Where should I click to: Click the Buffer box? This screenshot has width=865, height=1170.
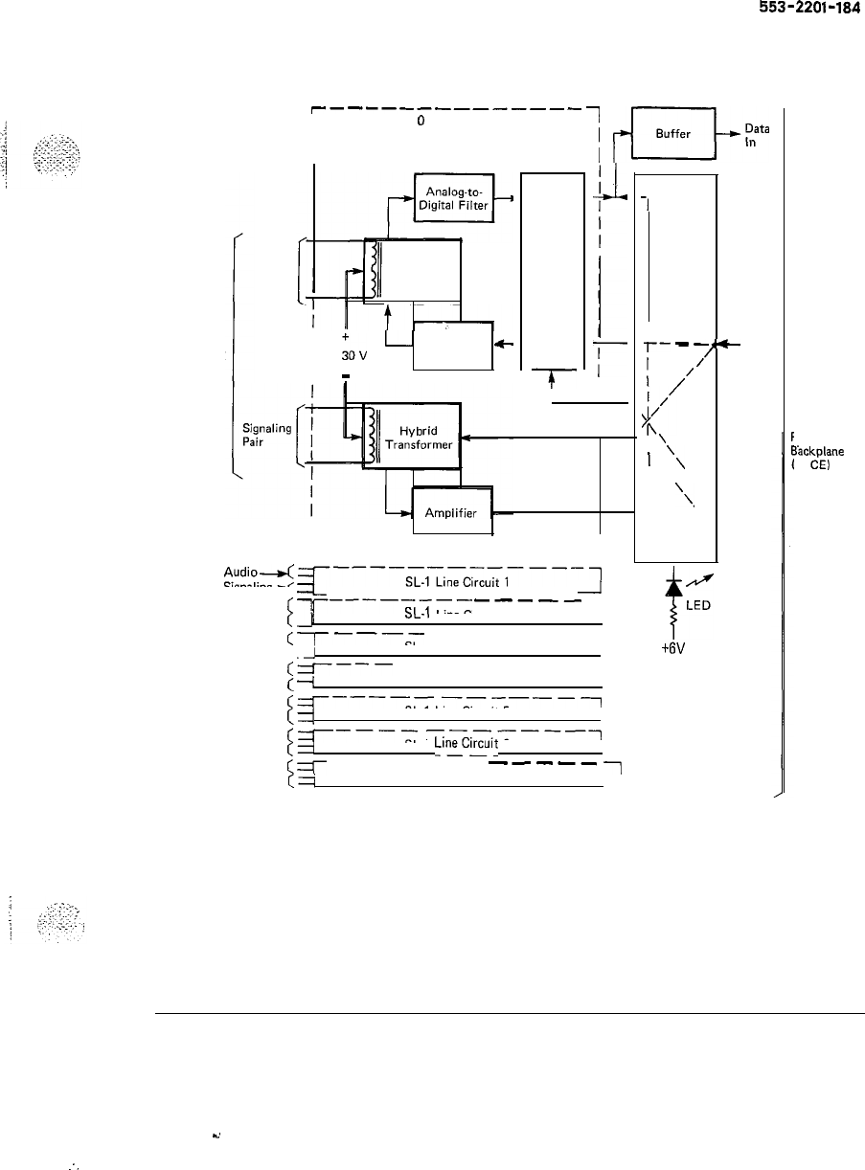[x=673, y=134]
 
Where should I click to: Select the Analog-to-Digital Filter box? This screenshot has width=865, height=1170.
[x=453, y=197]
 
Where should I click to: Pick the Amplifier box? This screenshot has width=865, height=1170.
[x=451, y=511]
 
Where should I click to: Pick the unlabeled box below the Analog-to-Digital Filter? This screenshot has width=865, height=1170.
[x=451, y=345]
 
